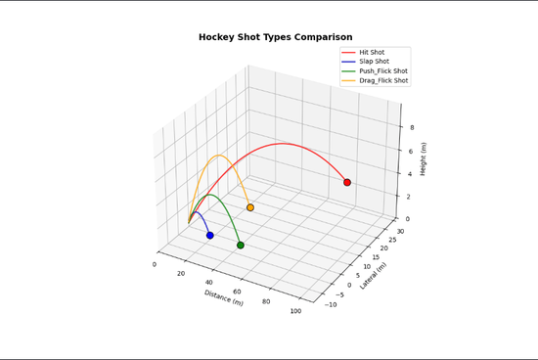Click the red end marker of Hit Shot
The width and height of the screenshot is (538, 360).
(x=347, y=182)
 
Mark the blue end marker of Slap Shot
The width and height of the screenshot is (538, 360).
(x=210, y=235)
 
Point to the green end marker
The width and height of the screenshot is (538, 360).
(x=241, y=245)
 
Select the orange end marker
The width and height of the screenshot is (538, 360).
(x=250, y=207)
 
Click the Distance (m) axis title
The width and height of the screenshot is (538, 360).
(x=224, y=296)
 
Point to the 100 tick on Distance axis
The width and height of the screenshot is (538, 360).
(x=295, y=311)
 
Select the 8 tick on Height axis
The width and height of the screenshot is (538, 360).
(x=411, y=127)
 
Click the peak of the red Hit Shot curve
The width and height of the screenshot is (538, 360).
(x=284, y=143)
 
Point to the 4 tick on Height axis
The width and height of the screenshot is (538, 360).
(x=411, y=173)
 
